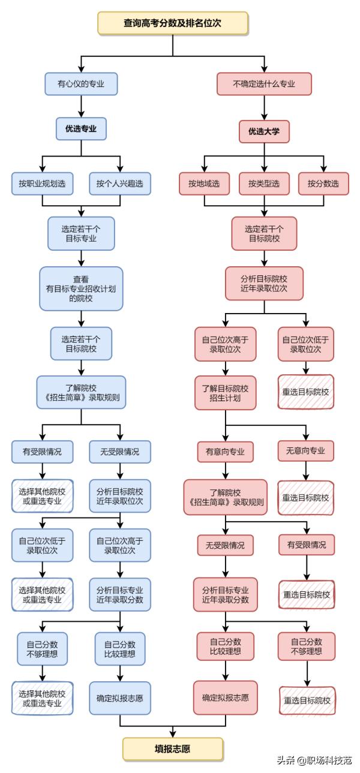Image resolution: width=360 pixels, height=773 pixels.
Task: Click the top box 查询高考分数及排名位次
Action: pos(172,23)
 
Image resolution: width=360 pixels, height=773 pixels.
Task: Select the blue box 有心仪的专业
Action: pos(81,84)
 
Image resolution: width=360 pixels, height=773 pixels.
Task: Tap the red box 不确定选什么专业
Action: pos(264,84)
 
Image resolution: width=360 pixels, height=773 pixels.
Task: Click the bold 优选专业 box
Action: pos(81,128)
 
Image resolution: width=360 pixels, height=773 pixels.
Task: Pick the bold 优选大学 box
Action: pos(264,131)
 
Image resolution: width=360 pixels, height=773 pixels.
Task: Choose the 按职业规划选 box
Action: pos(42,184)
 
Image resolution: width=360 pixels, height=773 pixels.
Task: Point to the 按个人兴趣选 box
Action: pos(120,184)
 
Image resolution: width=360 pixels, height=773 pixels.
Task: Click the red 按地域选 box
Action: pos(204,184)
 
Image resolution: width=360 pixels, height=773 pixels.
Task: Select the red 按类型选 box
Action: pos(264,184)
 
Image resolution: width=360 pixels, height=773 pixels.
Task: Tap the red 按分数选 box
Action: pos(323,184)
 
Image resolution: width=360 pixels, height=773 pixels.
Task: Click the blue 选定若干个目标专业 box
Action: pos(81,233)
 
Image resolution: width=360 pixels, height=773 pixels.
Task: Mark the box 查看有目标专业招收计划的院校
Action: pos(81,288)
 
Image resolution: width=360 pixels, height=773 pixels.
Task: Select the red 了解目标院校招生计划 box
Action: pos(225,393)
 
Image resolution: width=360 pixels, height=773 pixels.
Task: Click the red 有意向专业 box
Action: pos(225,451)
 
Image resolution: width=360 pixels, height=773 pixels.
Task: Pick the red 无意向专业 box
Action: pos(306,451)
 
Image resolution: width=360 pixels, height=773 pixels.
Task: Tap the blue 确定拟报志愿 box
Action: pos(120,697)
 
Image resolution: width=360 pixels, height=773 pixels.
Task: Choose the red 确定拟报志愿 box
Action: pos(225,697)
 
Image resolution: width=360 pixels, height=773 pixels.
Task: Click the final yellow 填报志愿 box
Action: pos(173,749)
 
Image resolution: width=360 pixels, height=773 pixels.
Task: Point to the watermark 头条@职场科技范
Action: pos(314,760)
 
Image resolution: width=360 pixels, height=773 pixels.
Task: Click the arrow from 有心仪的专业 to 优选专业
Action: pos(81,106)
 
